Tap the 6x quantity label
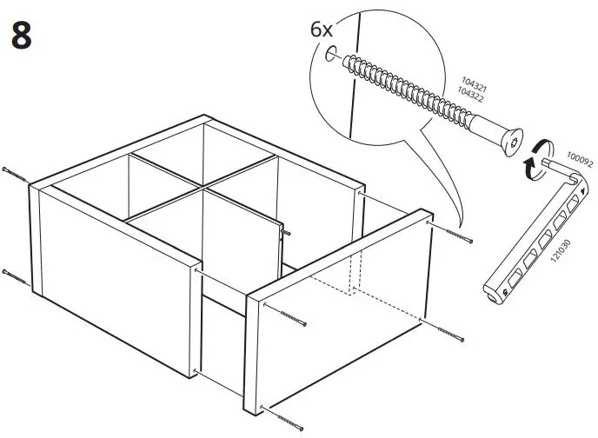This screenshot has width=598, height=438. (x=322, y=30)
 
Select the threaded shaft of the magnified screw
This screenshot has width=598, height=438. (x=417, y=96)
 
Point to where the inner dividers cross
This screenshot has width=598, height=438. (x=203, y=186)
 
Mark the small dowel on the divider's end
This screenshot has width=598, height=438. (x=284, y=230)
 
